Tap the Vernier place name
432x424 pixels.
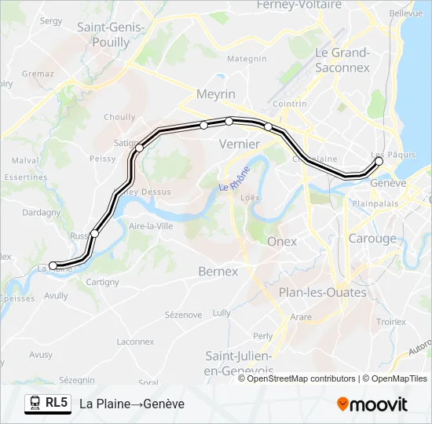(x=239, y=144)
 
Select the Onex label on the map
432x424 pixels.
(x=282, y=242)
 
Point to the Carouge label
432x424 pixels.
(x=372, y=239)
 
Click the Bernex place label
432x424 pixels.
(x=218, y=271)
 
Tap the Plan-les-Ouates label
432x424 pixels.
(x=322, y=292)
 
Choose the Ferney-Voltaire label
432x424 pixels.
(x=299, y=5)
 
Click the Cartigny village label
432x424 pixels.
(x=102, y=282)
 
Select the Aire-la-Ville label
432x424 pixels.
(x=150, y=226)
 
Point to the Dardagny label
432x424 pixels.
(x=41, y=212)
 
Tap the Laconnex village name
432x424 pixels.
(x=135, y=342)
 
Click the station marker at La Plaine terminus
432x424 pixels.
(x=53, y=265)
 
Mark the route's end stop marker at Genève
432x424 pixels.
(x=379, y=161)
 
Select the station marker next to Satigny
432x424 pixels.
(x=140, y=148)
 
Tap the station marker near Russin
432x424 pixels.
(x=95, y=233)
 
